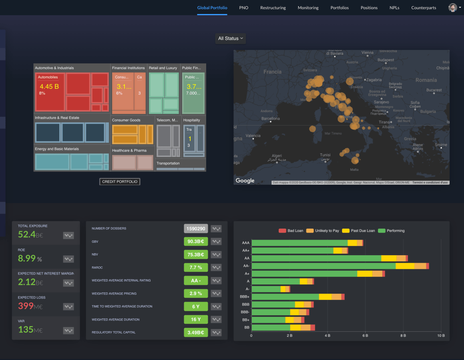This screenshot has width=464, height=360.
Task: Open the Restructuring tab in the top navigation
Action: click(x=273, y=8)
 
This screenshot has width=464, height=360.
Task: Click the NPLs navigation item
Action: click(x=394, y=8)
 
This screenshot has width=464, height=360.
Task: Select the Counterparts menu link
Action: click(x=424, y=8)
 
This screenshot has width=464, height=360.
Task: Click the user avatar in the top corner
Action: click(x=452, y=8)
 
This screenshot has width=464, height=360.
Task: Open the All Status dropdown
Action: click(x=231, y=38)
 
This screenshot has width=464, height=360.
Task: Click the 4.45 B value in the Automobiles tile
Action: click(x=49, y=86)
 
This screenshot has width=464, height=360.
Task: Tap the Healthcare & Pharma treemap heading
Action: click(x=129, y=150)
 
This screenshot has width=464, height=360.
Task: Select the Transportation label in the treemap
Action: click(x=168, y=163)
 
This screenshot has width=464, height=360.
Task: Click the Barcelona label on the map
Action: click(x=271, y=119)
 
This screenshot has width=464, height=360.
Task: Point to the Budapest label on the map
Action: click(x=386, y=60)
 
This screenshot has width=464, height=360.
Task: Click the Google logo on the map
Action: click(x=245, y=180)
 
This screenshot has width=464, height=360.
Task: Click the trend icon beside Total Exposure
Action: click(x=68, y=235)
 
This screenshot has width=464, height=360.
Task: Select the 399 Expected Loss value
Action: click(x=26, y=306)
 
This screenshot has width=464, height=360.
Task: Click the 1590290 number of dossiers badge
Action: click(x=196, y=229)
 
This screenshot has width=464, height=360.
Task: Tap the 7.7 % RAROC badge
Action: click(x=196, y=267)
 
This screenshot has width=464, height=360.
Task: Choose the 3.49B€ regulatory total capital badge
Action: click(x=196, y=332)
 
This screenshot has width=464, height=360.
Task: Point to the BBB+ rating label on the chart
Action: click(x=245, y=297)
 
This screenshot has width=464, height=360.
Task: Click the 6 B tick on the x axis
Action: click(x=365, y=335)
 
